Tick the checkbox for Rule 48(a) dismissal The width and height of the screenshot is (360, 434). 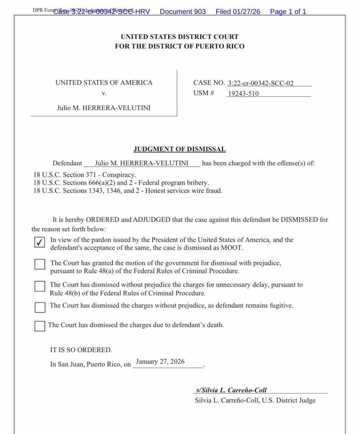[x=40, y=264]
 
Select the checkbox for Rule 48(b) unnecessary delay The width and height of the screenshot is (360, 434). [x=40, y=286]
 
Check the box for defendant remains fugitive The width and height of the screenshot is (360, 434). [x=40, y=307]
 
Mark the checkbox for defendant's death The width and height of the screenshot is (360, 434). [x=40, y=326]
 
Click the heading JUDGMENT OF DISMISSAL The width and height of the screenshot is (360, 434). [x=180, y=149]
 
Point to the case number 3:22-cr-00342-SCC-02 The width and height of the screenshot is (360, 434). [x=261, y=83]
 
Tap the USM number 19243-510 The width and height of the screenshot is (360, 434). [x=243, y=93]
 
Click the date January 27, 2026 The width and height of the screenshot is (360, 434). [x=160, y=362]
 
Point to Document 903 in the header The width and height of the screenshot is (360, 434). [x=183, y=12]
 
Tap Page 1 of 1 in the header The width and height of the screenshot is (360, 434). [x=288, y=12]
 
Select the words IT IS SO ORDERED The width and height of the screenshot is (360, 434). [x=81, y=350]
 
